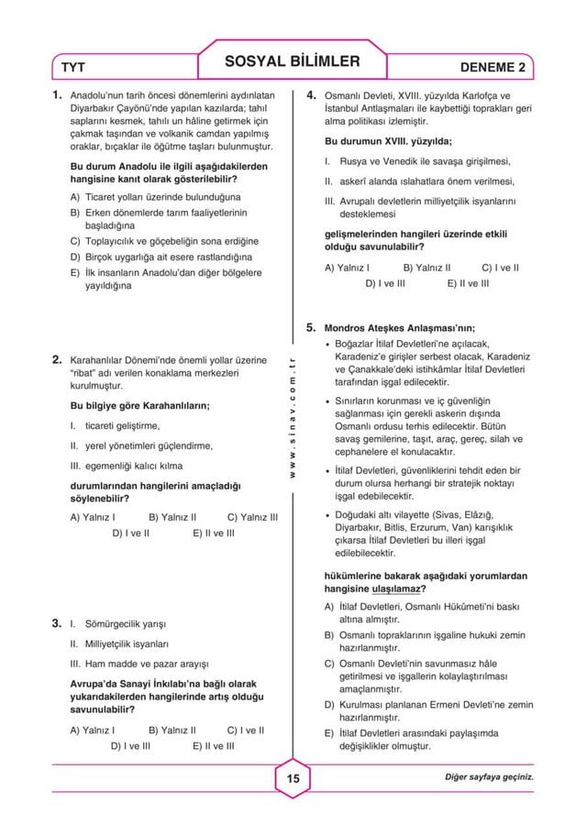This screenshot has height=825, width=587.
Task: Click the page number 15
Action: [x=293, y=778]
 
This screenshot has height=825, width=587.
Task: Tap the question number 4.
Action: [x=312, y=94]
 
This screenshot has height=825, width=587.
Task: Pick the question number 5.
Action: [x=312, y=325]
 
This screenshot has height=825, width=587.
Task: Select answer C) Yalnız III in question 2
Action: [x=252, y=517]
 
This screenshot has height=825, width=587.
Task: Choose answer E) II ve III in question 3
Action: [x=214, y=746]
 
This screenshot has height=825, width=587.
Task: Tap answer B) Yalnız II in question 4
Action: [x=427, y=269]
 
